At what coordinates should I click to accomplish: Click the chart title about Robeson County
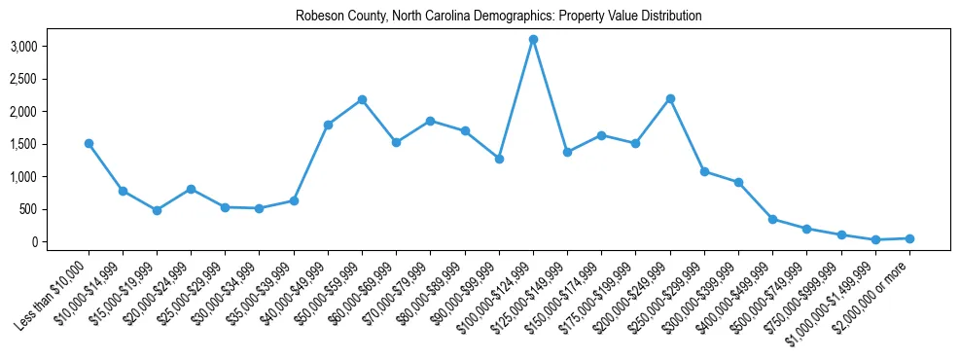pyautogui.click(x=480, y=17)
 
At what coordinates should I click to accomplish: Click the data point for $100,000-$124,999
pyautogui.click(x=533, y=39)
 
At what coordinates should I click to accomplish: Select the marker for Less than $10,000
pyautogui.click(x=89, y=143)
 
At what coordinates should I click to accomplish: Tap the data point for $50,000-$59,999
pyautogui.click(x=362, y=99)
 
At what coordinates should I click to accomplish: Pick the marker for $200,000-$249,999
pyautogui.click(x=670, y=98)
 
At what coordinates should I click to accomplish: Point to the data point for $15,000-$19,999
pyautogui.click(x=157, y=210)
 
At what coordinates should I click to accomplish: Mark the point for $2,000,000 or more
pyautogui.click(x=909, y=238)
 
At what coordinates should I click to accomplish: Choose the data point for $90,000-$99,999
pyautogui.click(x=499, y=159)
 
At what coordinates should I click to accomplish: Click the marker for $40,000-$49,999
pyautogui.click(x=328, y=125)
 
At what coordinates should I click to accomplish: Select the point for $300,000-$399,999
pyautogui.click(x=738, y=182)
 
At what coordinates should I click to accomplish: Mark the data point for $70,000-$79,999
pyautogui.click(x=431, y=121)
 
